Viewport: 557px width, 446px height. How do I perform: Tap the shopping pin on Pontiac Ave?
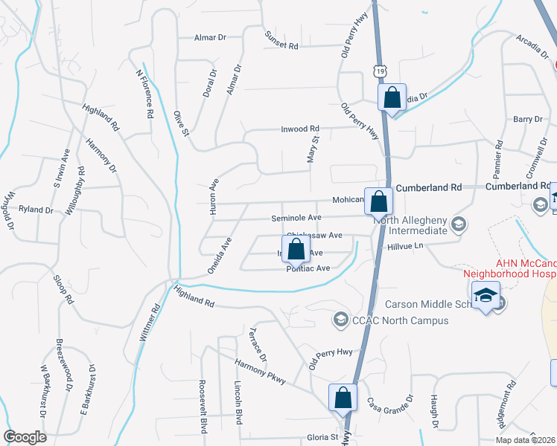(296, 250)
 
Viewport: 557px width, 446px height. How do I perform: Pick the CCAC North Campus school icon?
(340, 320)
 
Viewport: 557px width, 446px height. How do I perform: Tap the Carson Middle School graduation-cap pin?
(486, 297)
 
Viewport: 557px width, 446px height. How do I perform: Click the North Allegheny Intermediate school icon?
(459, 223)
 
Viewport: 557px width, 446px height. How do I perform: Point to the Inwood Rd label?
(299, 129)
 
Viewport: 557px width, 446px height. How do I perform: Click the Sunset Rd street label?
(281, 41)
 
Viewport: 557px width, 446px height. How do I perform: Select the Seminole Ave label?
(296, 218)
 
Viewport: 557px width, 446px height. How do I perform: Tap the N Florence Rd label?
(144, 94)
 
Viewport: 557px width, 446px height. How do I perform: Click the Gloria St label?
(323, 437)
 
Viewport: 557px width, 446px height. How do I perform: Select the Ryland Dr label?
(36, 210)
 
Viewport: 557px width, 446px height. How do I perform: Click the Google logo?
(25, 437)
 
